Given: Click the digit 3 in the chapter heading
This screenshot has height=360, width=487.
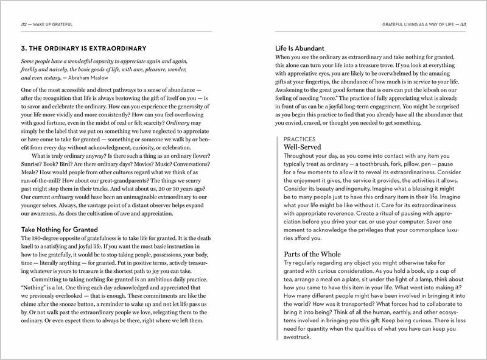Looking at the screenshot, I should tap(23, 49).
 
